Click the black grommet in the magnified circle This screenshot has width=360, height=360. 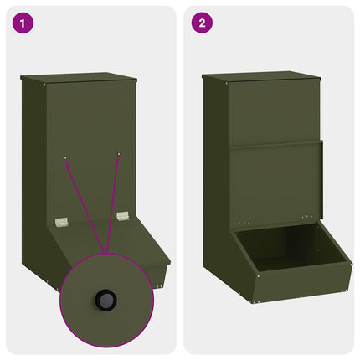(106, 299)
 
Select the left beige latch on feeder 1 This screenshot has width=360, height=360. (60, 221)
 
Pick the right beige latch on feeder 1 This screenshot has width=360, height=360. (123, 215)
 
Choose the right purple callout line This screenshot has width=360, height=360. (112, 201)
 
